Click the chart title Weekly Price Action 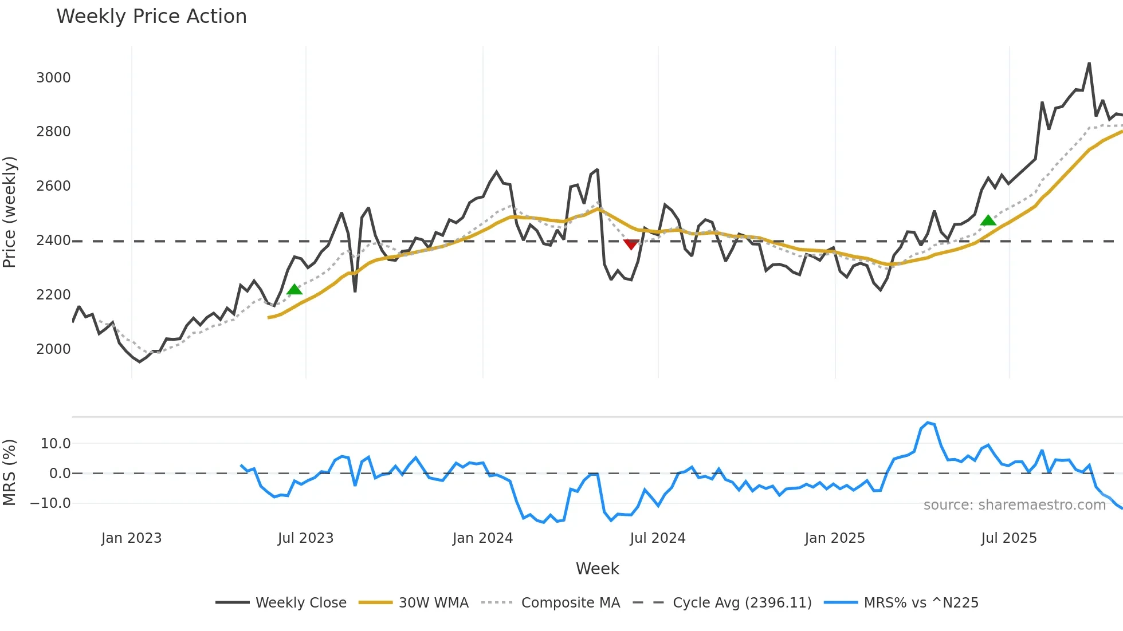(151, 17)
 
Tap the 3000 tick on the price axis (53, 78)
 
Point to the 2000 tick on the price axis (53, 349)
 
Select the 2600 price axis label (53, 186)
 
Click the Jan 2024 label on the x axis (482, 538)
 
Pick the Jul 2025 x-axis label (1009, 538)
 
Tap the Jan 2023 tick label (131, 538)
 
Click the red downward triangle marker (631, 244)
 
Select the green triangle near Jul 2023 (295, 290)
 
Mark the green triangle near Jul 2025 (988, 220)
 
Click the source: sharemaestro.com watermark (1014, 505)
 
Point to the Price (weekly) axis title (9, 212)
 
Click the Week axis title (597, 569)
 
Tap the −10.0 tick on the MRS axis (50, 503)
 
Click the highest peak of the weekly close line (1089, 64)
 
